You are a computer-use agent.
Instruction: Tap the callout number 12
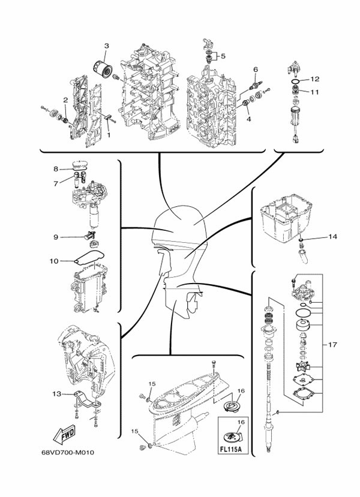click(314, 79)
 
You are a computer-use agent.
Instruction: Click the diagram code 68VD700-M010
click(68, 452)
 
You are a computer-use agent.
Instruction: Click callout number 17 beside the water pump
click(332, 345)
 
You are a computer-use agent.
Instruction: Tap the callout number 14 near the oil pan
click(332, 237)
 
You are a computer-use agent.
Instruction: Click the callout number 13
click(57, 394)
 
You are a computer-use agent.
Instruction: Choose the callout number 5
click(223, 56)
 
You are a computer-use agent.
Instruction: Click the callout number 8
click(56, 169)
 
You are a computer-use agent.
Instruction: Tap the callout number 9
click(56, 237)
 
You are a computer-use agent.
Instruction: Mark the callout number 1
click(109, 135)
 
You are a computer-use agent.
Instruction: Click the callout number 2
click(65, 100)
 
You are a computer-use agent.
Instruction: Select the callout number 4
click(248, 119)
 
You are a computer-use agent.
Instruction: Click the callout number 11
click(314, 92)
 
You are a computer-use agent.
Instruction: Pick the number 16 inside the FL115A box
click(241, 422)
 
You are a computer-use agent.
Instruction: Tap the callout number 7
click(56, 183)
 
